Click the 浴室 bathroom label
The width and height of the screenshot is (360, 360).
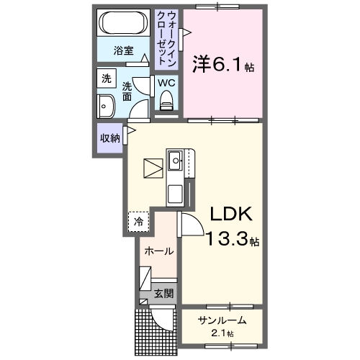tap(124, 51)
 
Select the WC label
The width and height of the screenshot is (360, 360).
tap(166, 83)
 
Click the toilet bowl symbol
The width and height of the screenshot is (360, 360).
tap(167, 105)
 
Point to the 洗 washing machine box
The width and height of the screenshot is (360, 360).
tap(106, 78)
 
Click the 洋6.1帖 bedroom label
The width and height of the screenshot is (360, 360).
tap(222, 64)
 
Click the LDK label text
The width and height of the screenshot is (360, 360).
tap(229, 215)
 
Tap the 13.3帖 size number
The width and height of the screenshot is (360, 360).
tap(229, 240)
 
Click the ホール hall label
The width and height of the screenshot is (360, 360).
tap(158, 251)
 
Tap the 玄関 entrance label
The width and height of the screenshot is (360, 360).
tap(163, 293)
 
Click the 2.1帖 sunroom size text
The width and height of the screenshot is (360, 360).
tap(222, 333)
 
